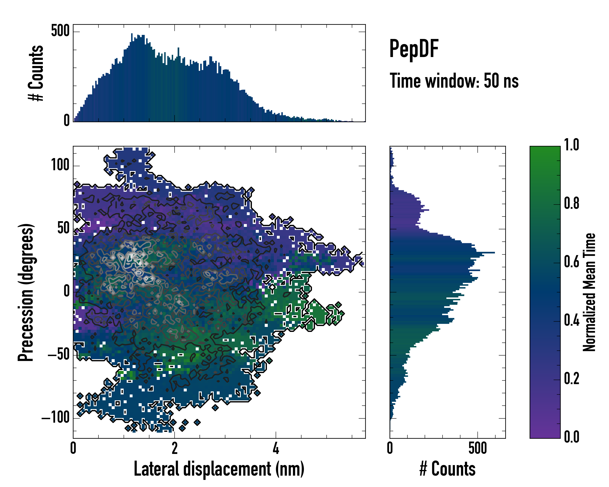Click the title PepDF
(414, 48)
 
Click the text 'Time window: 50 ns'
(454, 81)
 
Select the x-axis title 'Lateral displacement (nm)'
(219, 469)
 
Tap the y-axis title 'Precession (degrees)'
(26, 292)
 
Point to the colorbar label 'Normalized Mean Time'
(589, 292)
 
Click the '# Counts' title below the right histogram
(447, 469)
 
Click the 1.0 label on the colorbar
(571, 145)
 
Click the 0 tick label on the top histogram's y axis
(67, 121)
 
